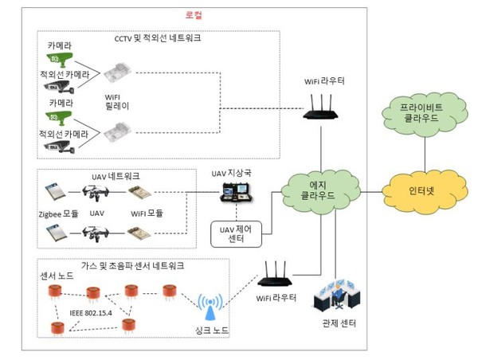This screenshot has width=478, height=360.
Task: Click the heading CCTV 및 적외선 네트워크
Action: pos(157,37)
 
